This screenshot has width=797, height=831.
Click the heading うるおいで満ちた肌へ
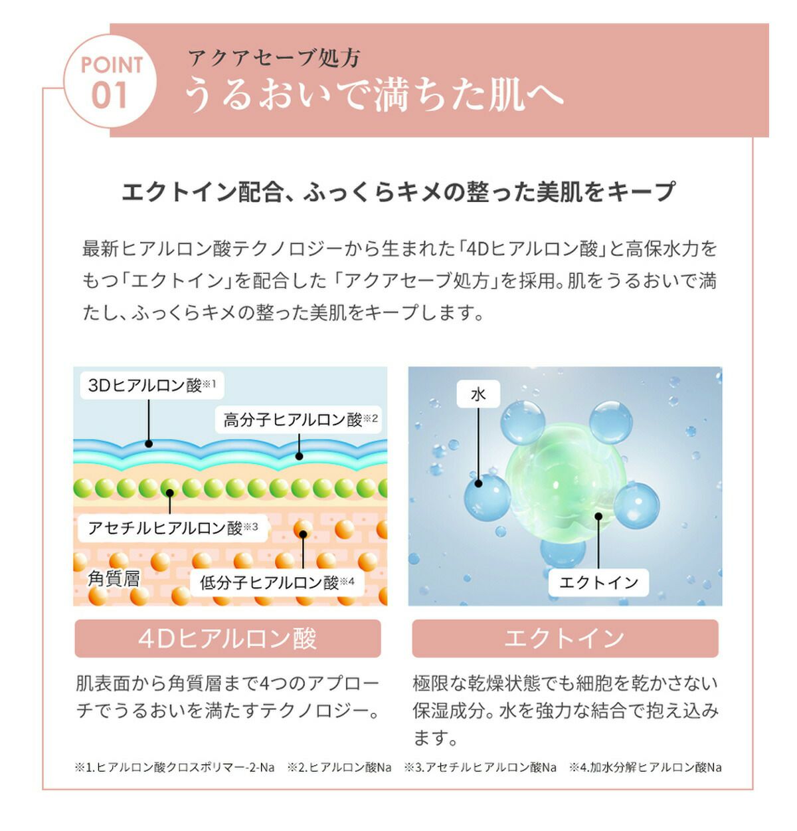coord(373,95)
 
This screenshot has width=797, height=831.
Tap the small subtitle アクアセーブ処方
coord(274,58)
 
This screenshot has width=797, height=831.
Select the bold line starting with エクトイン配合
coord(398,191)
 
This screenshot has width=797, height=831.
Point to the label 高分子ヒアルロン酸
coord(300,419)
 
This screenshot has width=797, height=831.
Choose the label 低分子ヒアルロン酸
coord(277,582)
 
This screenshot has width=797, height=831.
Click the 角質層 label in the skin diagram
coord(114,578)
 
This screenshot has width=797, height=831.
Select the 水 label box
coord(478,394)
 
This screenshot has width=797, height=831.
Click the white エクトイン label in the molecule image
coord(598,582)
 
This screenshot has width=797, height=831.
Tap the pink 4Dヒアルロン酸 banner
coord(228,638)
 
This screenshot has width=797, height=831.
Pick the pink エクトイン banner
coord(565,638)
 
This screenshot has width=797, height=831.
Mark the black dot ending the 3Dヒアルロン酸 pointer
coord(149,443)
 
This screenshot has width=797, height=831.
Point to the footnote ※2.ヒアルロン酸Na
coord(339,767)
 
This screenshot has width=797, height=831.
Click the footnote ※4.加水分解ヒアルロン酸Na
coord(645,767)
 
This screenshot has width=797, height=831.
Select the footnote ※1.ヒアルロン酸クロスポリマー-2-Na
coord(175,767)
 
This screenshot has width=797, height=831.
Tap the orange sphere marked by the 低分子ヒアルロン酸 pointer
coord(303,532)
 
